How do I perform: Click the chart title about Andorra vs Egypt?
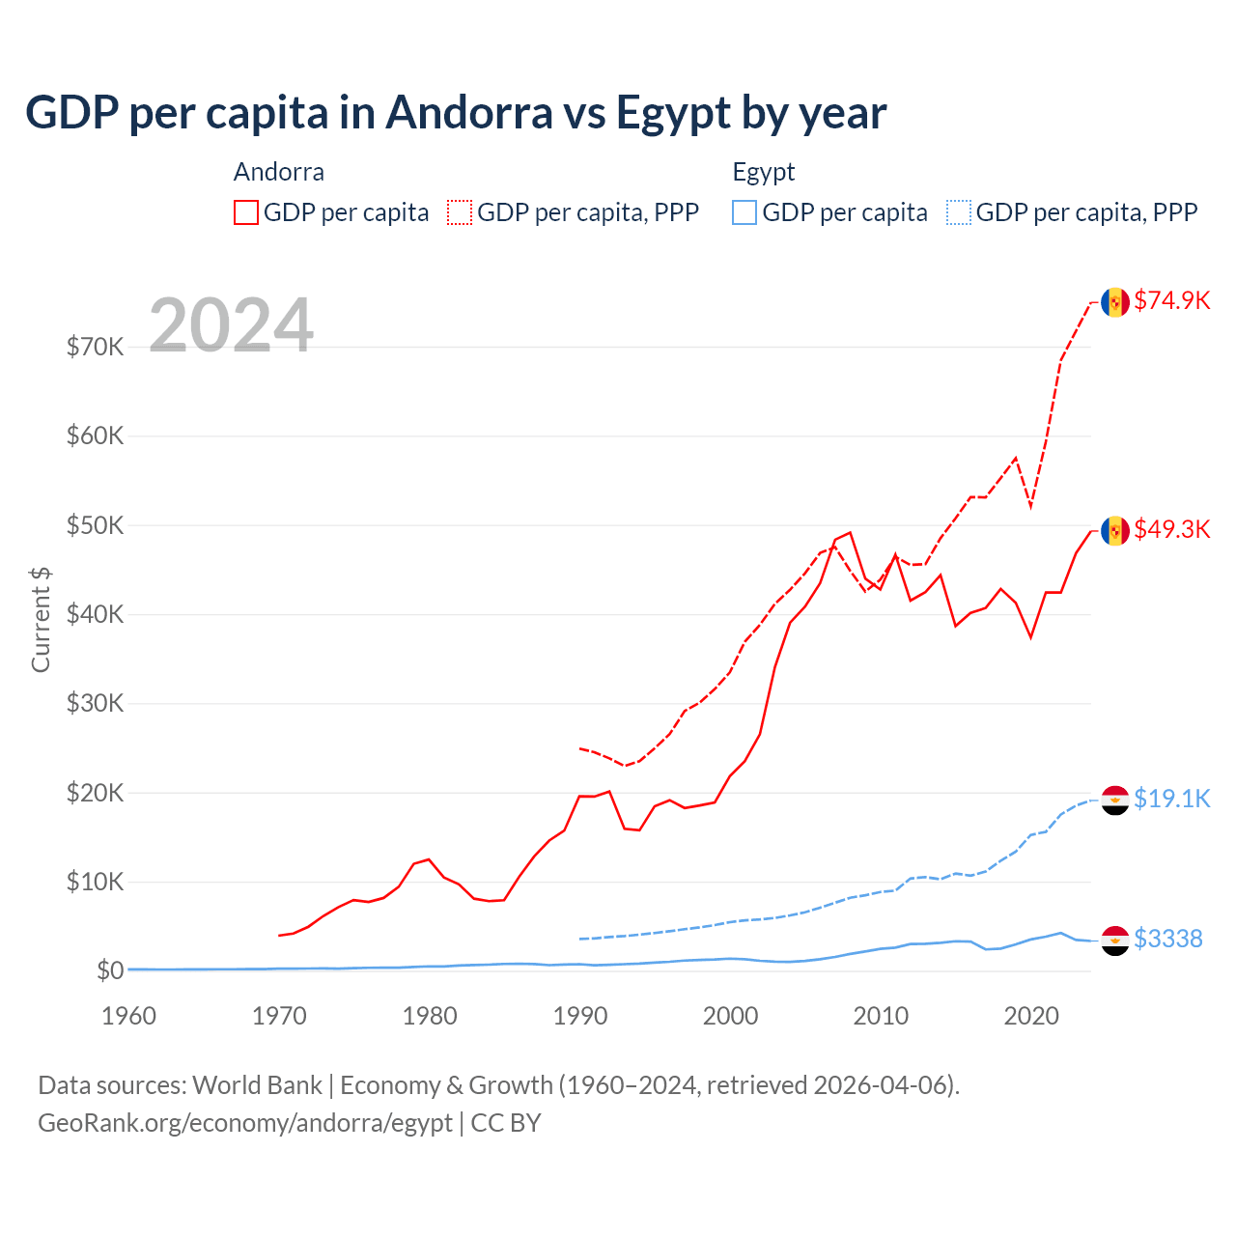coord(455,113)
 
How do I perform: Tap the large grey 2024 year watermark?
coord(231,325)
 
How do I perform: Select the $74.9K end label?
coord(1171,300)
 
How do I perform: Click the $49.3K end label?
coord(1171,529)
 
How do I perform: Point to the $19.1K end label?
coord(1171,799)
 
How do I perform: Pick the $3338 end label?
coord(1167,939)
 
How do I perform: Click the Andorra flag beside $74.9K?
coord(1115,302)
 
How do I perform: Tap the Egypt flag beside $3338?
coord(1115,941)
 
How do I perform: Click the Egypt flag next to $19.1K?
coord(1115,801)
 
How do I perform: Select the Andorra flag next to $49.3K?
coord(1115,531)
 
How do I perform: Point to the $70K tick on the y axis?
coord(95,347)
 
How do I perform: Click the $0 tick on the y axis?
coord(109,970)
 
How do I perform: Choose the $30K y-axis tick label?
coord(95,703)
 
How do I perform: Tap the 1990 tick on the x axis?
coord(580,1016)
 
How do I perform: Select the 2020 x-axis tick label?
coord(1031,1016)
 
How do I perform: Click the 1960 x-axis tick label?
coord(129,1016)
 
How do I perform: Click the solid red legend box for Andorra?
coord(246,212)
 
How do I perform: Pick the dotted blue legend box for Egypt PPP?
coord(959,212)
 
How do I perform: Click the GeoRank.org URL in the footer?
coord(245,1123)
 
